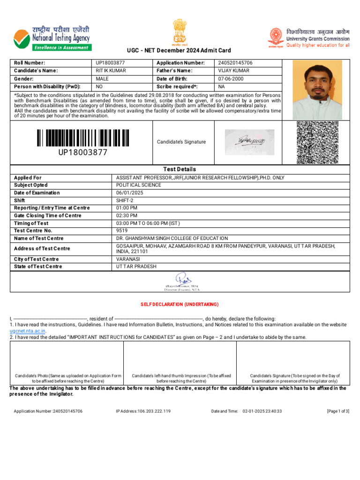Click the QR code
pyautogui.click(x=317, y=142)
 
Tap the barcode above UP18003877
pyautogui.click(x=82, y=138)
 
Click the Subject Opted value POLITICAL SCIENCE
pyautogui.click(x=139, y=185)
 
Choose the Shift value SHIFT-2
pyautogui.click(x=125, y=200)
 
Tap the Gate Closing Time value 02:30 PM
pyautogui.click(x=127, y=216)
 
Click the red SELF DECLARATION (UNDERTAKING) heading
pyautogui.click(x=180, y=305)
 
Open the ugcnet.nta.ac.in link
pyautogui.click(x=28, y=330)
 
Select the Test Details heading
pyautogui.click(x=180, y=169)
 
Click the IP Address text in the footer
pyautogui.click(x=143, y=411)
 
